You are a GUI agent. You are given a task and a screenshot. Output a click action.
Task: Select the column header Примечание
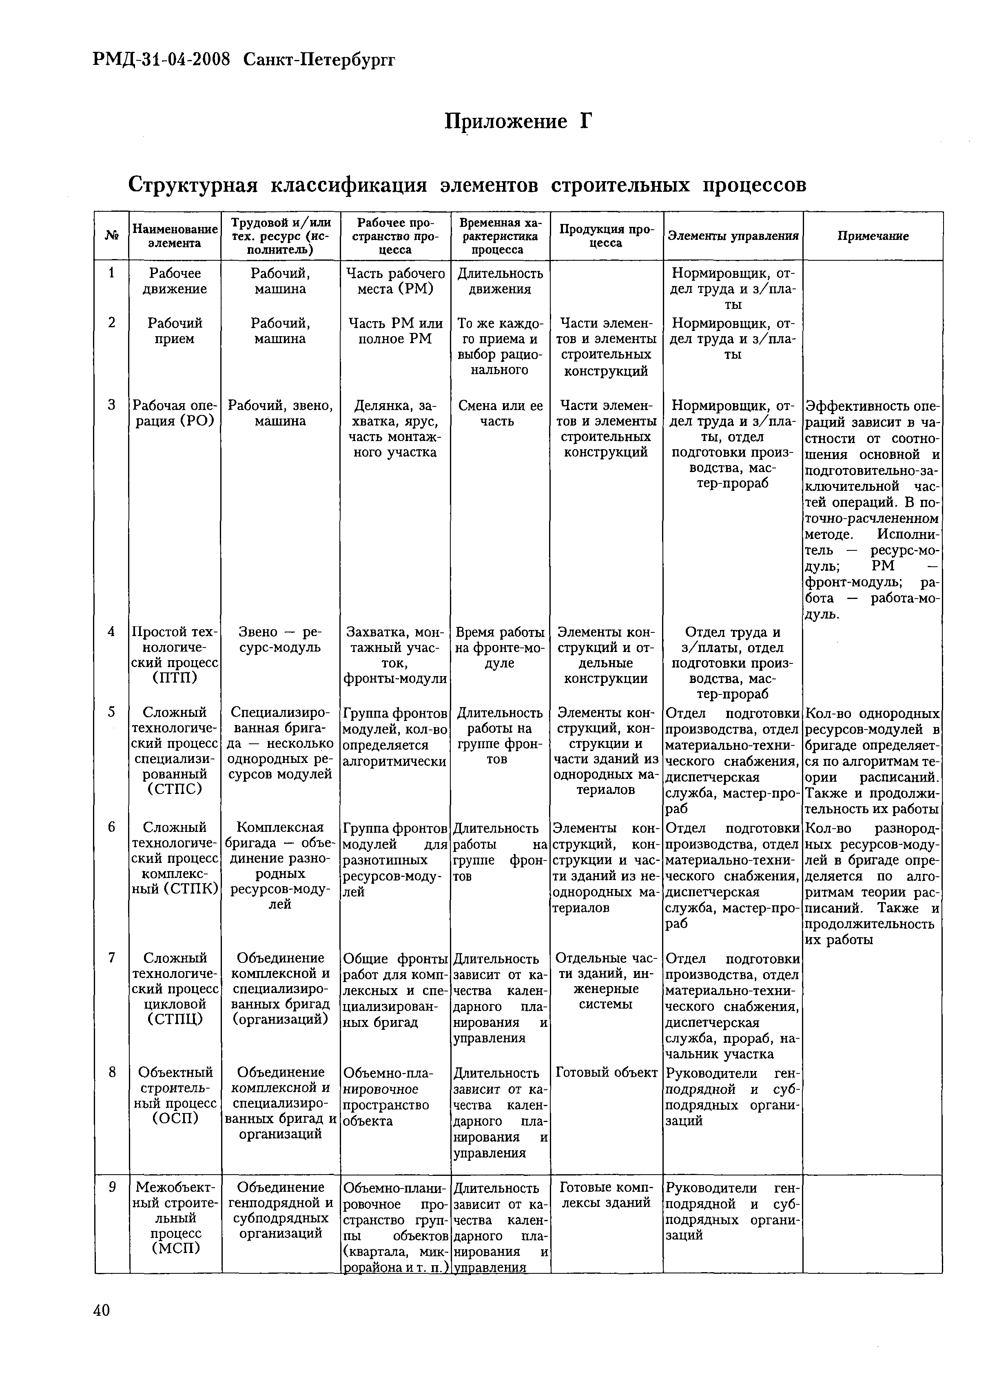[873, 236]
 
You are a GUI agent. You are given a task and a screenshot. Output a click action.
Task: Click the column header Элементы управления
[733, 236]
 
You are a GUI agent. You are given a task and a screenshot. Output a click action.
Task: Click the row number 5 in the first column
[112, 711]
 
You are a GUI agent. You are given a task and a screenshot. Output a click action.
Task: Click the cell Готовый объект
[607, 1073]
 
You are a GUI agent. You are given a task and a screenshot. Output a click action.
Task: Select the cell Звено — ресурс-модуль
[281, 639]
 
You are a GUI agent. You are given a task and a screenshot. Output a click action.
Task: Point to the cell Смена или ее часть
[501, 413]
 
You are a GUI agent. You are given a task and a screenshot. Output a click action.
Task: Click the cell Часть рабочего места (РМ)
[395, 281]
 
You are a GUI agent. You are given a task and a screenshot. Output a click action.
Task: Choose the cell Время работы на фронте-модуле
[501, 647]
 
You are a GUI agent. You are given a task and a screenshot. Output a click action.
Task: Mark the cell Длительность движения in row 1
[501, 281]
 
